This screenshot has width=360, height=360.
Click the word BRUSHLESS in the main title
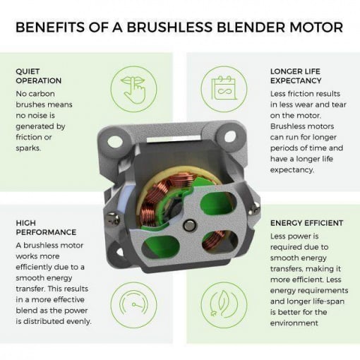169,27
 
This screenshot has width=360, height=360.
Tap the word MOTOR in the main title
316,27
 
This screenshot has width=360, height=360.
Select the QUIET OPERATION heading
39,76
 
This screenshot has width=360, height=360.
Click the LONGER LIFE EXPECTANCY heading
296,76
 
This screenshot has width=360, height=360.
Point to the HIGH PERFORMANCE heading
46,227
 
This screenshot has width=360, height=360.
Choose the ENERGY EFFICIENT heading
306,223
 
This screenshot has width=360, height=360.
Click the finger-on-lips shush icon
133,90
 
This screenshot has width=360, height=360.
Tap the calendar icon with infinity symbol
224,90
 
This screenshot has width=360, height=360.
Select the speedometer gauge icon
133,305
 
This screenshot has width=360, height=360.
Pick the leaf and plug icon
224,305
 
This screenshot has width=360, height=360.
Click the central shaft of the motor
188,225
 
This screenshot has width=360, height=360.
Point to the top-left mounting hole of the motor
114,142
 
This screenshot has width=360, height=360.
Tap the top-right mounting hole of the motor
229,136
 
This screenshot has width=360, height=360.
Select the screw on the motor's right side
255,208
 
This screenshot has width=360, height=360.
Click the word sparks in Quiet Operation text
28,148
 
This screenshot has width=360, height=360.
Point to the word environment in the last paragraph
294,323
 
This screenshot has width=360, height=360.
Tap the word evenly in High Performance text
79,321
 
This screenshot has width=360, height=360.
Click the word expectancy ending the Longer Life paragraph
292,170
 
